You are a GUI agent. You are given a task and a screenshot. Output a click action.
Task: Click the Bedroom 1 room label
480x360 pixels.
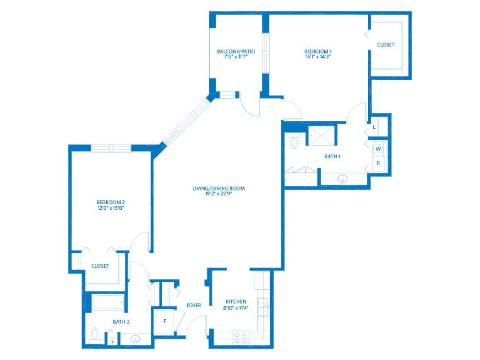click(x=318, y=52)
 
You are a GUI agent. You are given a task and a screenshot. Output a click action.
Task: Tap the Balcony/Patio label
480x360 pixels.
click(x=236, y=52)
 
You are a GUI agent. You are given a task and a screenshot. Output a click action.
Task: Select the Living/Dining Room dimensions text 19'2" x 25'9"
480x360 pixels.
click(x=219, y=194)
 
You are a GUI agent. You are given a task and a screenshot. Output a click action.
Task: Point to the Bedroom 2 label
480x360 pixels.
click(x=111, y=202)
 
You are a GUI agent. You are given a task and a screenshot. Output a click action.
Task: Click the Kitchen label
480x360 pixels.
click(x=236, y=302)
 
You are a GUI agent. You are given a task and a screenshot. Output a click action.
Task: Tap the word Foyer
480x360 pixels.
click(x=194, y=305)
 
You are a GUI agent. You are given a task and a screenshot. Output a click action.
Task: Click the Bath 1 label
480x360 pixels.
click(x=332, y=156)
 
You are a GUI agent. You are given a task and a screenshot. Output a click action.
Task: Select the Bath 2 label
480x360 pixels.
click(x=121, y=322)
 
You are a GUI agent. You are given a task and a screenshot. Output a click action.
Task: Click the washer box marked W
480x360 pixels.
click(x=378, y=149)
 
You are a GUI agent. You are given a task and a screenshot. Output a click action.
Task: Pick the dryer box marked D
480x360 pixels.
click(x=378, y=163)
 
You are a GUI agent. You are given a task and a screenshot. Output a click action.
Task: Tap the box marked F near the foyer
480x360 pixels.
click(x=165, y=322)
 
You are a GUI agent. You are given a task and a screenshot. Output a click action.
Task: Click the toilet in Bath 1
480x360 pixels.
click(x=294, y=141)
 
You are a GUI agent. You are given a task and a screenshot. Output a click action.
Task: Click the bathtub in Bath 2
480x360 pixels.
click(x=108, y=303)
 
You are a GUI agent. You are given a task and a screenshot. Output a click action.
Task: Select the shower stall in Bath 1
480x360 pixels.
click(x=321, y=135)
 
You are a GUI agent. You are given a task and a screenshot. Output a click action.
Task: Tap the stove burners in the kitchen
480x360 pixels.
click(x=241, y=337)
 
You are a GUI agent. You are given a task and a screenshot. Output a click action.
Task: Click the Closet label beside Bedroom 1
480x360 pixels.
click(x=386, y=45)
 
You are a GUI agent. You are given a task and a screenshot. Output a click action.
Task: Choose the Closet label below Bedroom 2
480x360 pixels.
click(x=100, y=266)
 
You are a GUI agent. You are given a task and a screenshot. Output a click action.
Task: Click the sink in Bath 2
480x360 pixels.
click(x=135, y=339)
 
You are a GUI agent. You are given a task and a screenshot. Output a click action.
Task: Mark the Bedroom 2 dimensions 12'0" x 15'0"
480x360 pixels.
click(x=111, y=208)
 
